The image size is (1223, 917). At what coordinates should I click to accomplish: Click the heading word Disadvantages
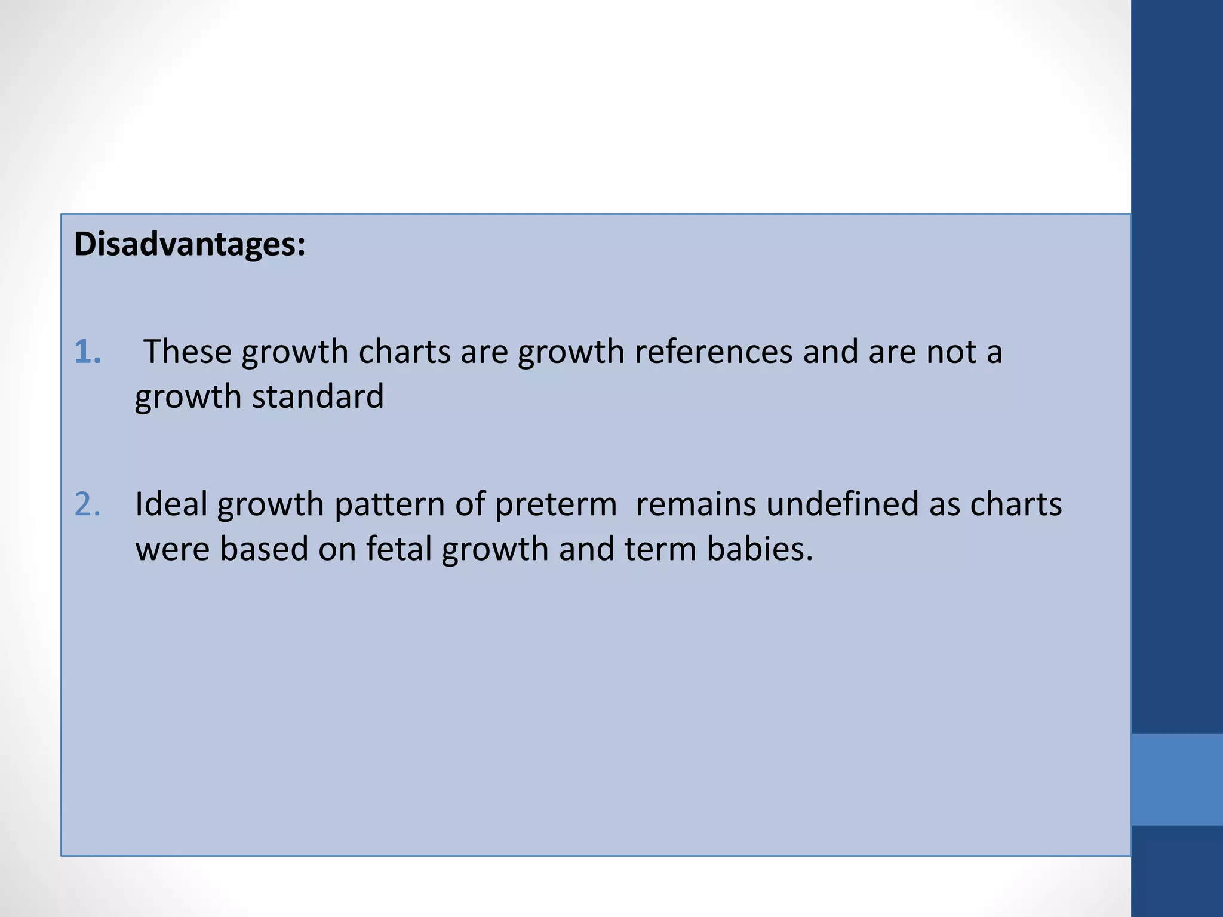click(189, 244)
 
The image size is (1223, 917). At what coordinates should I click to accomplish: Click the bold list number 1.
click(87, 352)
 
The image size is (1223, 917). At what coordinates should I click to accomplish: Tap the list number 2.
click(87, 504)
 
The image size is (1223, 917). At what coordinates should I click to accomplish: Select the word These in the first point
click(187, 352)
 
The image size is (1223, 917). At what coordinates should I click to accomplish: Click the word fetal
click(398, 549)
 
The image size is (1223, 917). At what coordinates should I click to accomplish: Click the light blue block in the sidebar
click(1176, 779)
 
